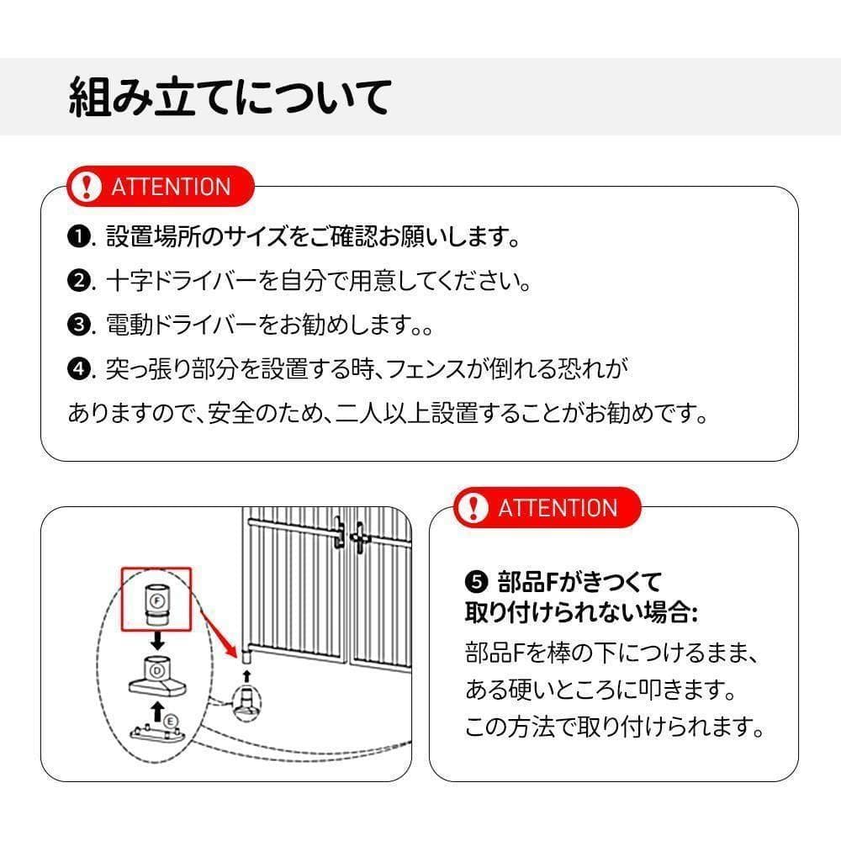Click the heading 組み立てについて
click(229, 97)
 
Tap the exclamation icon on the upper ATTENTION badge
click(86, 186)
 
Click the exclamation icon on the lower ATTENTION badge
click(475, 507)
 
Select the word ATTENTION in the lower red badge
click(557, 508)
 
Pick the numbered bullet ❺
click(476, 580)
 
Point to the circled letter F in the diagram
click(156, 600)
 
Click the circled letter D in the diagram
click(156, 670)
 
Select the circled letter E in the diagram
click(171, 720)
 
